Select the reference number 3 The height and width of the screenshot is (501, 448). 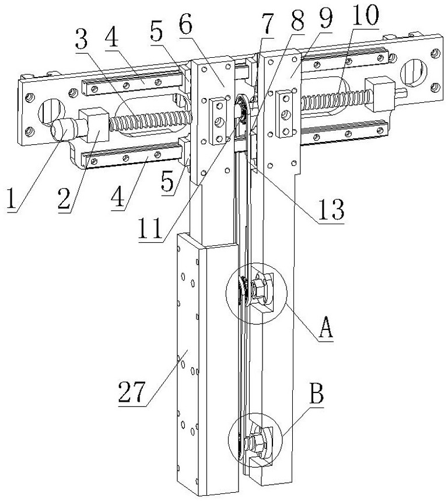click(x=82, y=39)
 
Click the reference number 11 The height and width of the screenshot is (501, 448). click(x=150, y=228)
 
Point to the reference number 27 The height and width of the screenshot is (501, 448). click(x=132, y=392)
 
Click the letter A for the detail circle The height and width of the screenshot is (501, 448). click(x=325, y=328)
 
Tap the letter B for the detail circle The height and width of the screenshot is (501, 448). click(x=317, y=394)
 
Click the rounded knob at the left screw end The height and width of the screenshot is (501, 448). click(x=64, y=129)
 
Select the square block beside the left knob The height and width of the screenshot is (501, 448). click(x=94, y=124)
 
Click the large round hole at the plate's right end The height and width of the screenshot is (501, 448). click(x=414, y=72)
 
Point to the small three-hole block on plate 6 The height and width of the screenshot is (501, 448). click(x=219, y=121)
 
